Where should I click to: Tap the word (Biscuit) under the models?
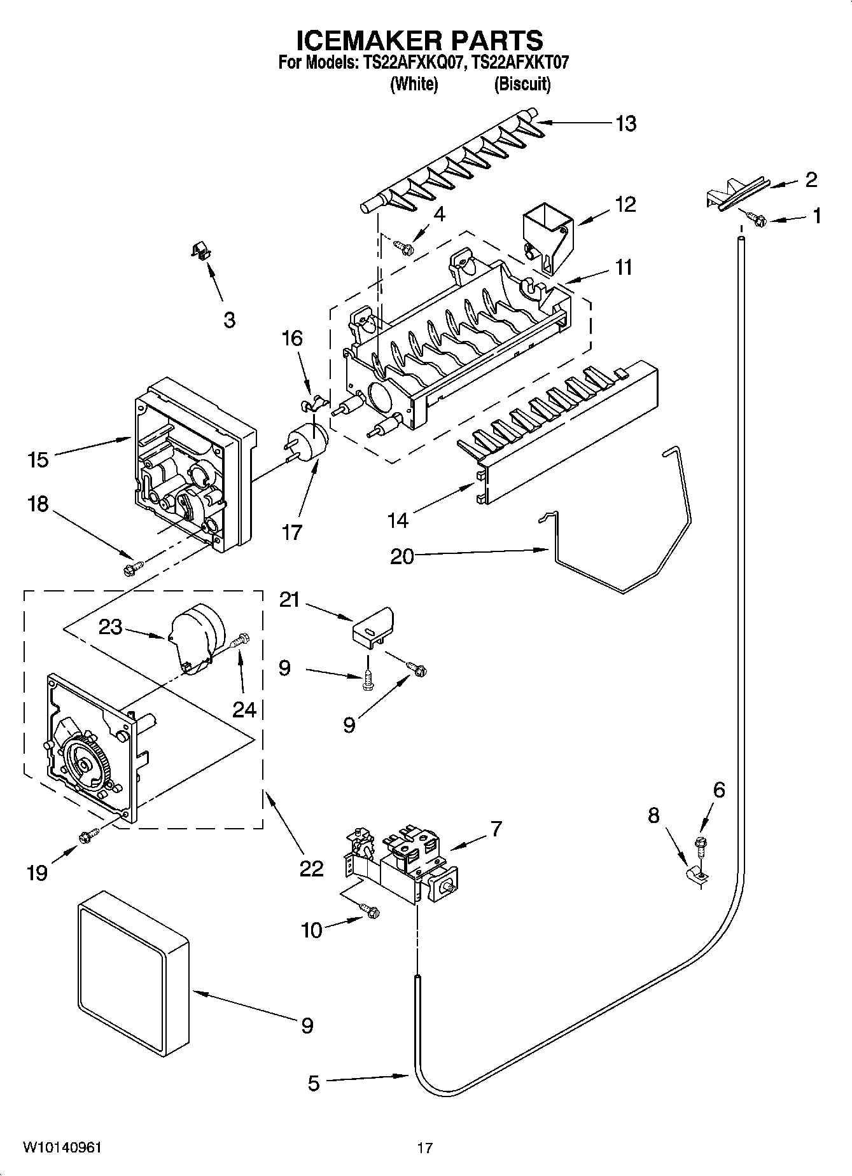click(x=522, y=84)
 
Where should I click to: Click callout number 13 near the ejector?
click(x=625, y=123)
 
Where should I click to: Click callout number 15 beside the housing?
click(x=38, y=459)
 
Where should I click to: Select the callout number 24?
click(x=244, y=709)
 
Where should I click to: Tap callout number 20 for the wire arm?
click(x=402, y=557)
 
